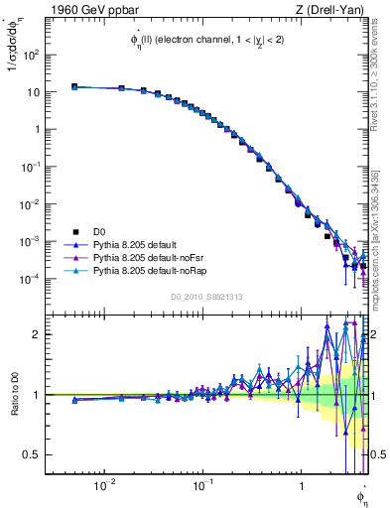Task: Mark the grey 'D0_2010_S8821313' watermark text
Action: click(206, 296)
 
